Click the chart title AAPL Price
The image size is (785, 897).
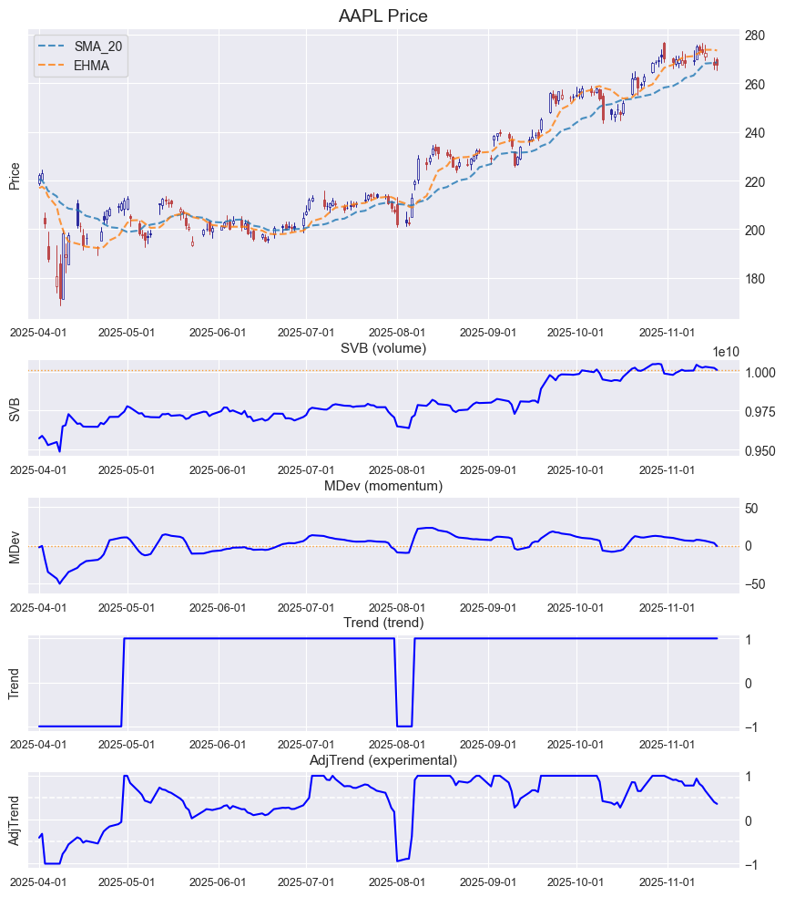coord(382,16)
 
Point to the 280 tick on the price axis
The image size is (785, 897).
coord(753,36)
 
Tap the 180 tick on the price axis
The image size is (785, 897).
coord(753,279)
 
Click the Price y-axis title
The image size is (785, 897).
coord(15,176)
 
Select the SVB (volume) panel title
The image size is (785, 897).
coord(382,348)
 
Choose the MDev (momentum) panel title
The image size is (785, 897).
coord(382,487)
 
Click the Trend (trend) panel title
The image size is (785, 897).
coord(382,623)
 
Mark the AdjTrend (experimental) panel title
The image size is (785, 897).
coord(382,760)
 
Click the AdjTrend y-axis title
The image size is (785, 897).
coord(15,820)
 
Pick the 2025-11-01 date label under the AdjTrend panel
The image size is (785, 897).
coord(668,882)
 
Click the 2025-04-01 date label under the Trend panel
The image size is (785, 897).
coord(38,745)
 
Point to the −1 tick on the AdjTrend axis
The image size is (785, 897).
coord(750,865)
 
